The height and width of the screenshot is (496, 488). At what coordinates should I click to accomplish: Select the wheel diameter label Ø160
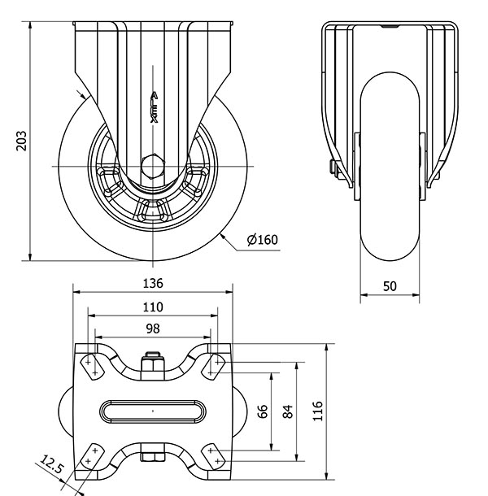262,240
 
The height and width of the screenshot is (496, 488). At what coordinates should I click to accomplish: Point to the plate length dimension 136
153,283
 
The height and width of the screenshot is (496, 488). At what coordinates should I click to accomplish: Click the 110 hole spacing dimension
153,307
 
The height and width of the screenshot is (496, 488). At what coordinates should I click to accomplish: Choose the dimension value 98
153,328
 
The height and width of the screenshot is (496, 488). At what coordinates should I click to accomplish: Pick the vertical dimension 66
263,411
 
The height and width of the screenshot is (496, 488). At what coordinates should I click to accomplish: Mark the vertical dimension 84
287,411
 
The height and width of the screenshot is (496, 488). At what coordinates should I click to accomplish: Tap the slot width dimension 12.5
50,467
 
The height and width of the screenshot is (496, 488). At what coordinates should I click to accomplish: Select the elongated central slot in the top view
153,411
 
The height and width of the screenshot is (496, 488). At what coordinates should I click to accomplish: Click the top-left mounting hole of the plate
94,365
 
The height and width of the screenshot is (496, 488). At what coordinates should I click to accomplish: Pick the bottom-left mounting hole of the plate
94,456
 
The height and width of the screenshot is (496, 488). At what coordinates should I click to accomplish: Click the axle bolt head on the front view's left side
333,168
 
